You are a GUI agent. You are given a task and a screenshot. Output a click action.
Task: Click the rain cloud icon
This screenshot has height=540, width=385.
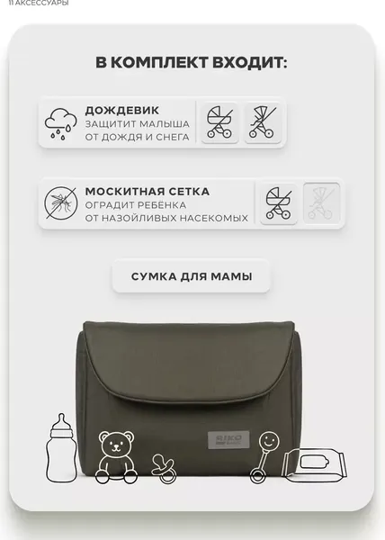tap(61, 122)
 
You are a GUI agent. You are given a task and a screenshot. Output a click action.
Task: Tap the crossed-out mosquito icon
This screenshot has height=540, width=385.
tap(61, 203)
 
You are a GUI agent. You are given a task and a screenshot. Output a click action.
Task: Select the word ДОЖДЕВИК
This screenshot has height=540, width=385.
tap(115, 110)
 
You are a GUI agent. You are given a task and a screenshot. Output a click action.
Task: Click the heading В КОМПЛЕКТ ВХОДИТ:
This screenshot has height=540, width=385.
tap(192, 62)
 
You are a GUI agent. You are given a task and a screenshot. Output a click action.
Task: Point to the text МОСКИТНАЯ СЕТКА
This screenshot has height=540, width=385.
tap(148, 191)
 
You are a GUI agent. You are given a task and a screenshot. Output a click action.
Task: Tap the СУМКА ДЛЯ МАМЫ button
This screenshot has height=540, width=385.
tap(191, 275)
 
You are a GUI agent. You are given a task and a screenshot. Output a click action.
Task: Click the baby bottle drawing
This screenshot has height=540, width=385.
tap(63, 443)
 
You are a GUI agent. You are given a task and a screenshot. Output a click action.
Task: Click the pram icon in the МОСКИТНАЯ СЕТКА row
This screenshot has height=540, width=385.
tap(279, 203)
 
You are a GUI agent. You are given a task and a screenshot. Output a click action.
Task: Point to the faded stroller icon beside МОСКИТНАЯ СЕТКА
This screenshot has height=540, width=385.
tap(321, 203)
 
